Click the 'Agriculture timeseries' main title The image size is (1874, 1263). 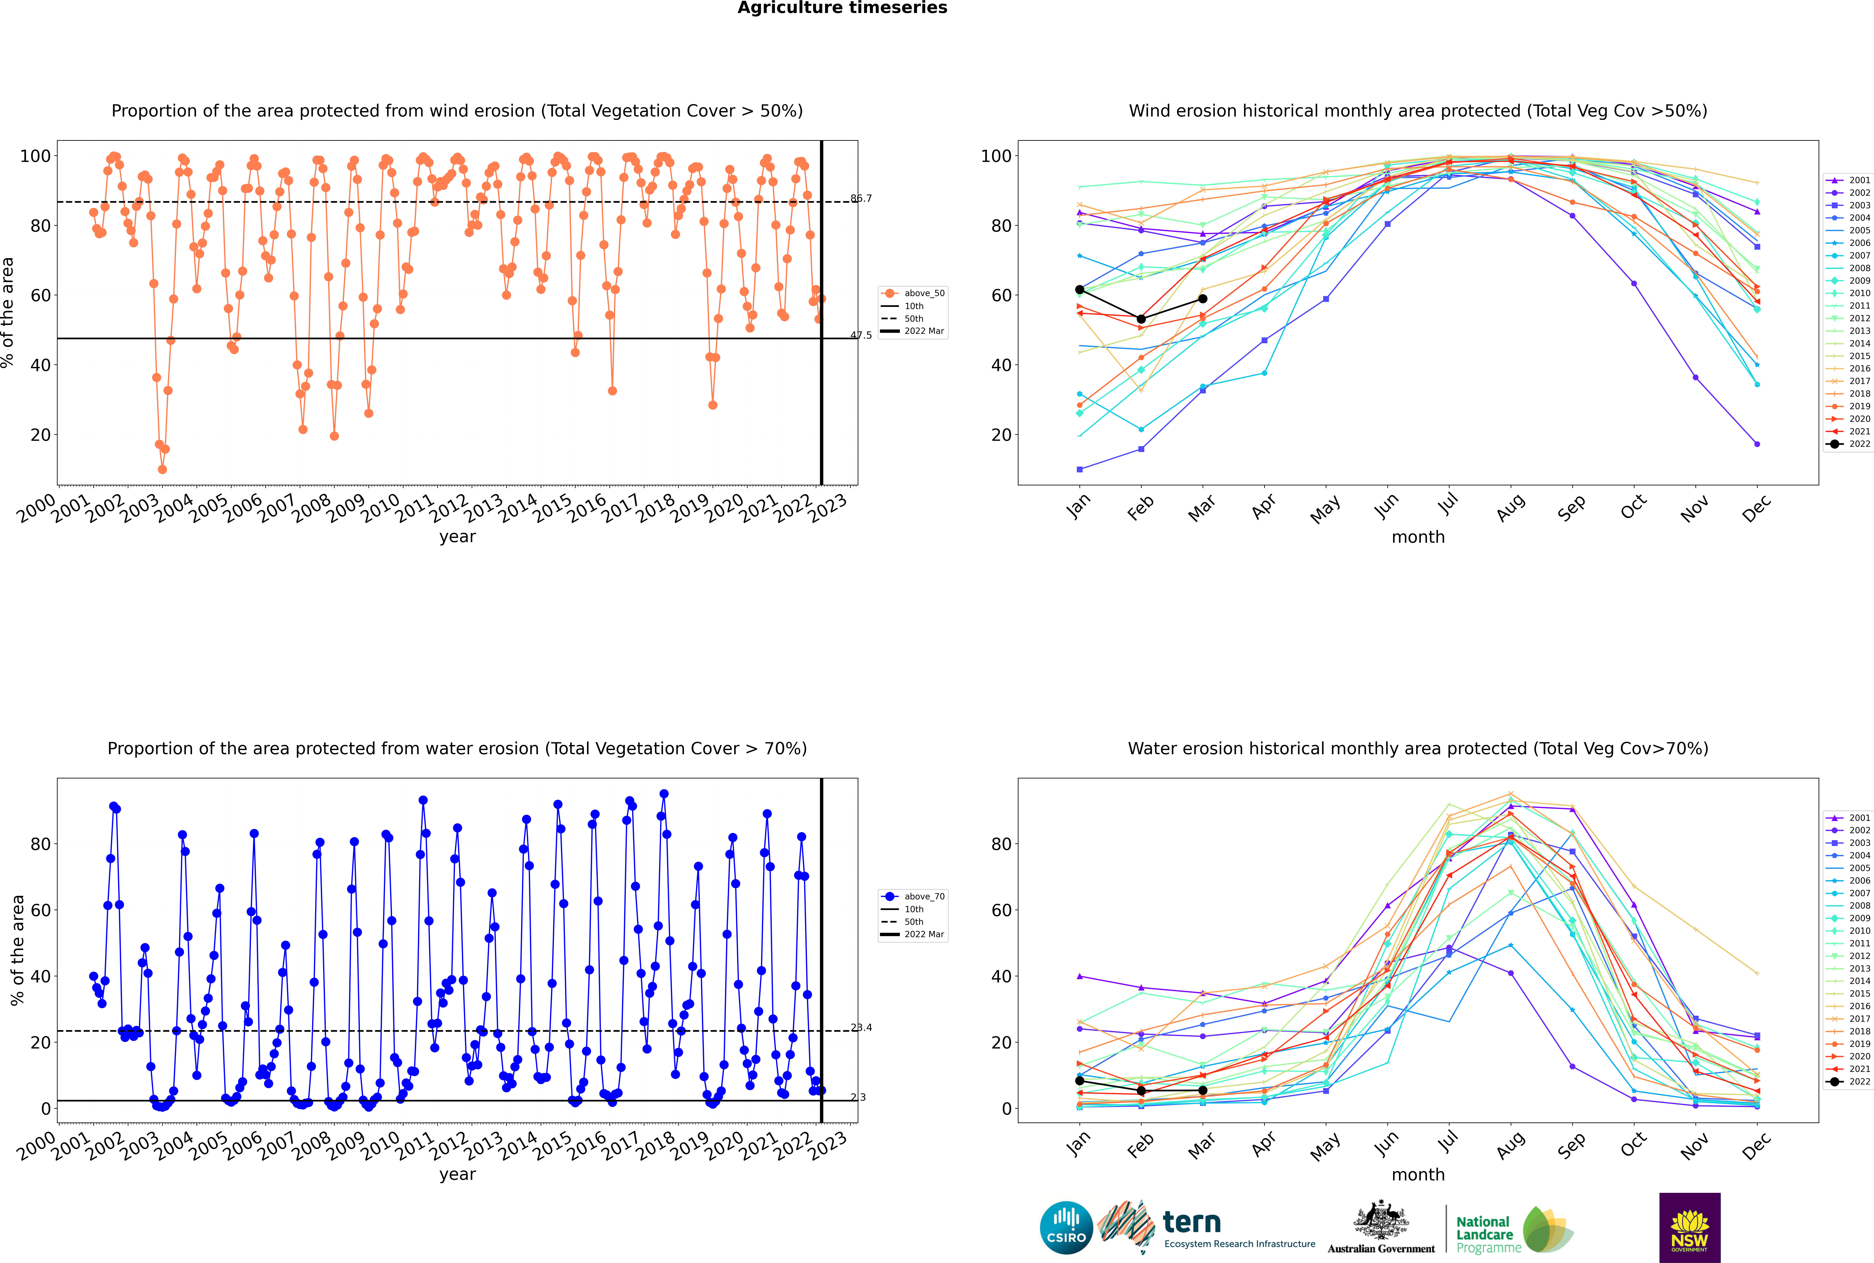point(842,8)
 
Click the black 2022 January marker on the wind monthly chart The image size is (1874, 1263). point(1080,289)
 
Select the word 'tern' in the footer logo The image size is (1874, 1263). point(1192,1223)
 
